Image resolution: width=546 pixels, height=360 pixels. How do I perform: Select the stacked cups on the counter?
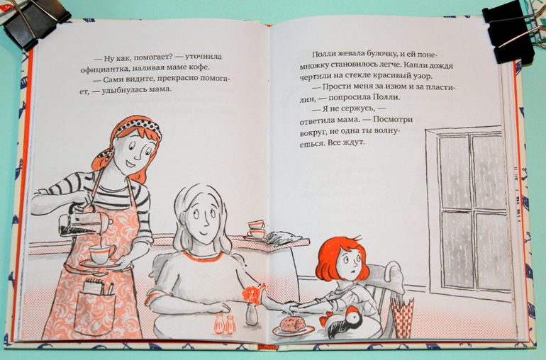point(256,230)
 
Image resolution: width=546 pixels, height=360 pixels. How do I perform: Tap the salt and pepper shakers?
point(225,324)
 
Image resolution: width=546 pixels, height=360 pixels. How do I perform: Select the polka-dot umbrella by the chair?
point(401,317)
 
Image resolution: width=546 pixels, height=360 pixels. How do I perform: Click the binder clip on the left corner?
point(33,23)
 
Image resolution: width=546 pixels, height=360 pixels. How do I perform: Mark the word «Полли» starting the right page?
point(323,54)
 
